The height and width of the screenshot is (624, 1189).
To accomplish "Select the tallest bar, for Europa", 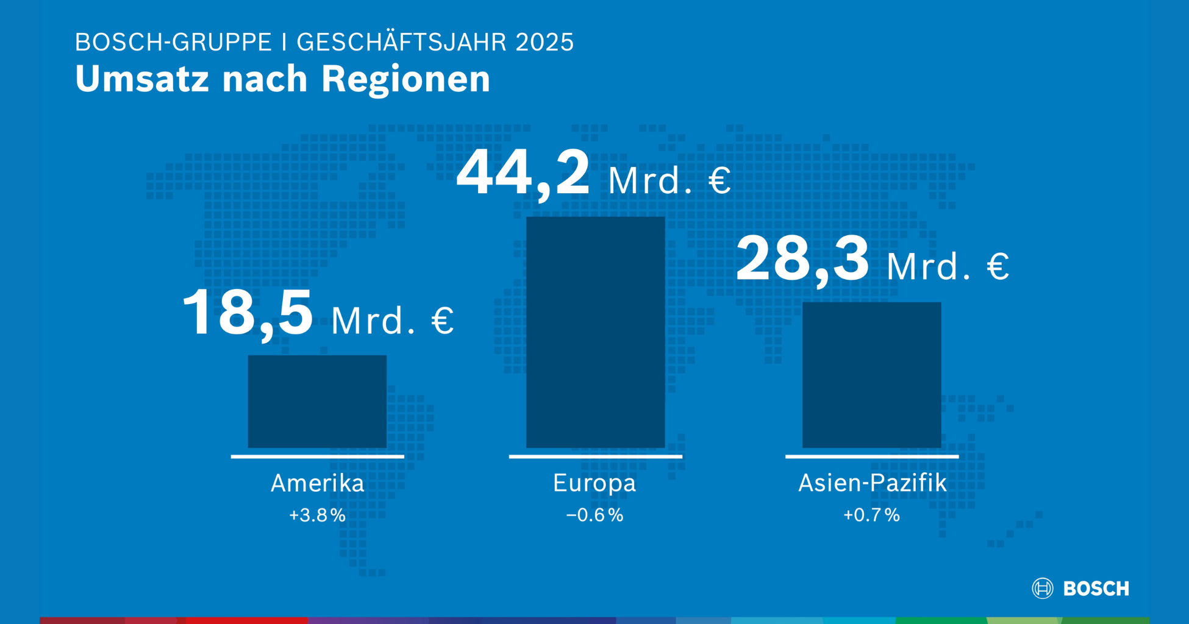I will (595, 332).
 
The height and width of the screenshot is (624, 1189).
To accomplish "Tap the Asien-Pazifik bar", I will (871, 375).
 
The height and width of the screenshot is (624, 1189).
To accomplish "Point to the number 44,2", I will (523, 174).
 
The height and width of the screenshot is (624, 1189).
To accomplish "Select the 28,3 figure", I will (802, 260).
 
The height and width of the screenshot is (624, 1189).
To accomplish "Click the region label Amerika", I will (317, 483).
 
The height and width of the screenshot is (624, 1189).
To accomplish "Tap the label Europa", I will (594, 483).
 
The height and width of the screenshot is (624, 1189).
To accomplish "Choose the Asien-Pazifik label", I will (872, 483).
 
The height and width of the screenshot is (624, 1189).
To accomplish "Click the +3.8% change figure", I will (317, 516).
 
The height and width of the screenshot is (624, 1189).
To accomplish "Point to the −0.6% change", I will (594, 516).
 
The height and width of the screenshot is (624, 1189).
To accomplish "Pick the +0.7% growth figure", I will (871, 516).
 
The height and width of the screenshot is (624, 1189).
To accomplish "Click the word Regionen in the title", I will (405, 80).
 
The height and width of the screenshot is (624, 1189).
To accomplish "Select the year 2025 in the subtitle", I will (545, 43).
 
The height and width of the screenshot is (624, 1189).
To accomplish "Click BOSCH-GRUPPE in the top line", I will (173, 43).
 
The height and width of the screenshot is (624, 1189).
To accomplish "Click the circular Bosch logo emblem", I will (1042, 588).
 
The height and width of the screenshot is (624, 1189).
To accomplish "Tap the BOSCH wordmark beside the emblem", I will (1096, 589).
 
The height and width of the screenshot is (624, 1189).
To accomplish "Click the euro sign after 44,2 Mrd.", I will (719, 181).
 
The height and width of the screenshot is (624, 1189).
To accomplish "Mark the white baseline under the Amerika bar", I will (317, 456).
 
